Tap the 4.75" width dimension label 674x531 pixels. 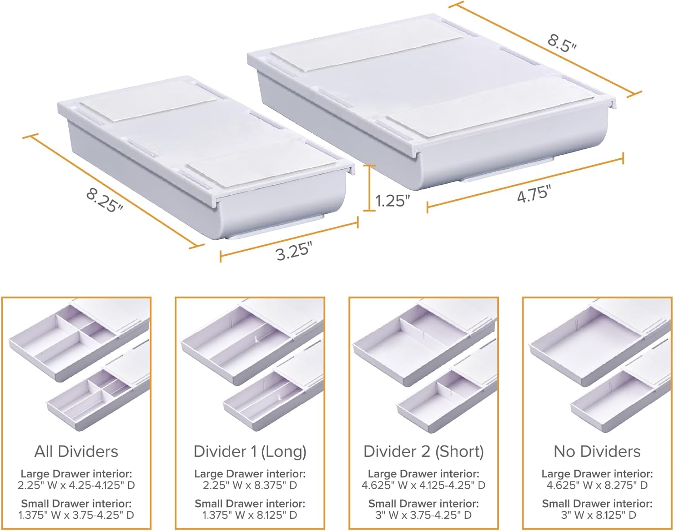534,193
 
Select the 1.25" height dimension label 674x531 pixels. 392,201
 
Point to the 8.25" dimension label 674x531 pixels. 105,200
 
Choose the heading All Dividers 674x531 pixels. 76,452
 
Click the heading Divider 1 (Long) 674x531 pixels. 250,452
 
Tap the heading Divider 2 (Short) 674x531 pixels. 423,452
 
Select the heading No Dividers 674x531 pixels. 597,452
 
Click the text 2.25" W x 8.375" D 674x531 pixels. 250,486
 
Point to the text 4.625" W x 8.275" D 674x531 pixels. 597,486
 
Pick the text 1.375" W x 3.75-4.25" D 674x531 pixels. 76,515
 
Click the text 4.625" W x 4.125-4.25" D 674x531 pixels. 423,486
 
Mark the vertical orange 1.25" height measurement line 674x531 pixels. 369,188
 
